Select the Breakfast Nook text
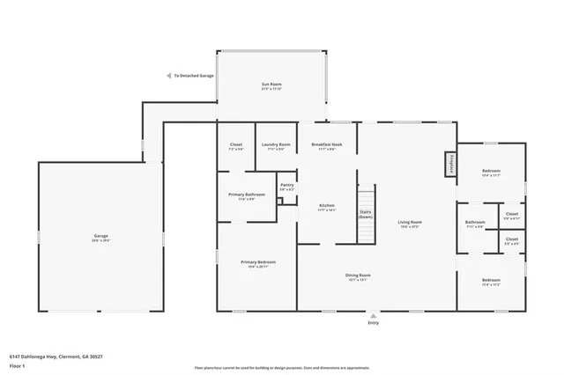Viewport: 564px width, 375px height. pyautogui.click(x=326, y=144)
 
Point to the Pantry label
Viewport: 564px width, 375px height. pyautogui.click(x=286, y=187)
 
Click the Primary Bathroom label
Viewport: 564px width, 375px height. pyautogui.click(x=247, y=195)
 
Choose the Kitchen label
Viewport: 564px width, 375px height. pyautogui.click(x=327, y=207)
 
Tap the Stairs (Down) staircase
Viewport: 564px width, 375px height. pyautogui.click(x=366, y=214)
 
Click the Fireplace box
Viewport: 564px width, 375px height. pyautogui.click(x=449, y=164)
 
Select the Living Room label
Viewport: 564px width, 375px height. pyautogui.click(x=410, y=223)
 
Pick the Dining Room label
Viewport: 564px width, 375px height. pyautogui.click(x=357, y=276)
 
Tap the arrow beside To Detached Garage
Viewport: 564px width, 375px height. pyautogui.click(x=168, y=77)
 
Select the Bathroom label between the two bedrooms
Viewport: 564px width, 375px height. pyautogui.click(x=475, y=223)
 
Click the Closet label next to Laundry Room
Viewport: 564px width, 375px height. pyautogui.click(x=236, y=144)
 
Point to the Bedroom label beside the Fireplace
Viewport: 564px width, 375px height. pyautogui.click(x=491, y=172)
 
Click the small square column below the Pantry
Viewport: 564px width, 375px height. pyautogui.click(x=279, y=202)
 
